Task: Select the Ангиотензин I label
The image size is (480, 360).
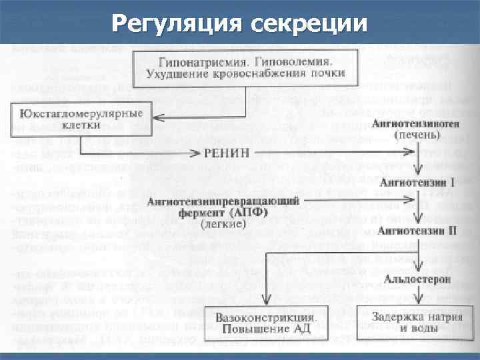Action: [417, 182]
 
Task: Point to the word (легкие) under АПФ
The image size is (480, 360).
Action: [223, 225]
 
